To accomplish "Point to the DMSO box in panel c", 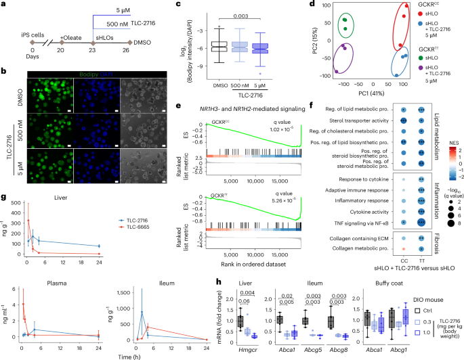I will tap(200, 46).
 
